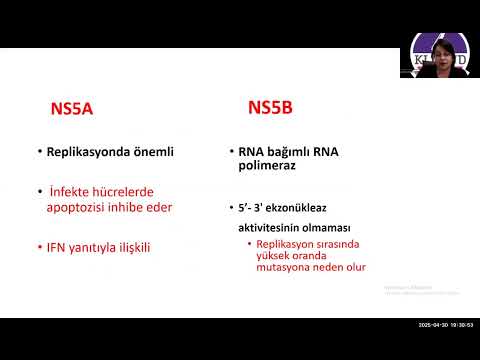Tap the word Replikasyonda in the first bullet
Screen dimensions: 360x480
87,152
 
